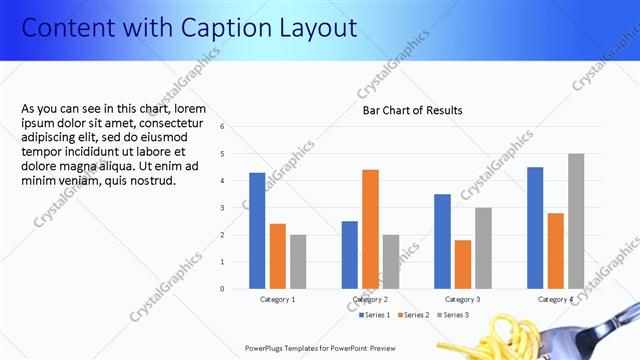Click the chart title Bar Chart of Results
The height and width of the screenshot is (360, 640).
tap(412, 110)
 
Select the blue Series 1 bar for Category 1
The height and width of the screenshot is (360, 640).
tap(257, 230)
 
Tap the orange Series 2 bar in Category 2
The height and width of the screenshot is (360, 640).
tap(370, 229)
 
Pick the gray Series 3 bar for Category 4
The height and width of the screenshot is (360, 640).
tap(576, 221)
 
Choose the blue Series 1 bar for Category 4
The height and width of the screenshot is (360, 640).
tap(535, 227)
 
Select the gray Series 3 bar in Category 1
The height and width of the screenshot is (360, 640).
tap(298, 261)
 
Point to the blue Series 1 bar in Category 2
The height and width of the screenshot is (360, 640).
tap(349, 254)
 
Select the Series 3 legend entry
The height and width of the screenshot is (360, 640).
tap(451, 315)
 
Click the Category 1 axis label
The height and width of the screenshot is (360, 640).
tap(277, 299)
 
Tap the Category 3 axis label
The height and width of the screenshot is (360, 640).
tap(462, 299)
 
